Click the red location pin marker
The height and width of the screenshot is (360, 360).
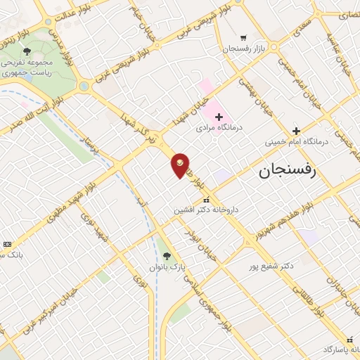click(x=180, y=165)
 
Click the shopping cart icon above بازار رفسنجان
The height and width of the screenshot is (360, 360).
click(x=243, y=37)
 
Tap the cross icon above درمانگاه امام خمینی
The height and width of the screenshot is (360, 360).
click(x=296, y=130)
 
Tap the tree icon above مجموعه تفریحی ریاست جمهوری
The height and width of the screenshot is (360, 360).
click(x=27, y=51)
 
